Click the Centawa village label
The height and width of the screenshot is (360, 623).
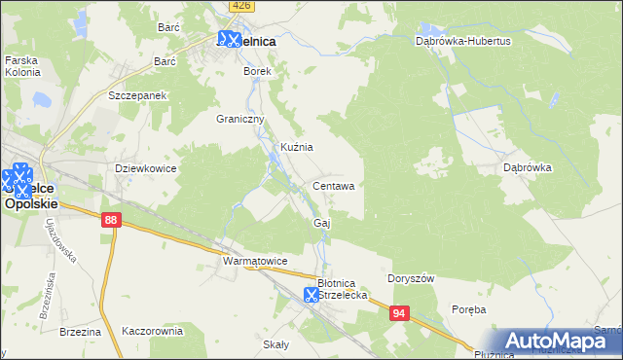[339, 185]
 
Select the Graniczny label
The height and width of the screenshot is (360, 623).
[240, 119]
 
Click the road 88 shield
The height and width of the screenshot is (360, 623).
[109, 222]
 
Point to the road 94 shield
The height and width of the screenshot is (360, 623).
[399, 313]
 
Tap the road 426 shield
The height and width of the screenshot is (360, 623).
[241, 6]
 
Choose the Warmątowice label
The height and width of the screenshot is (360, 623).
[255, 262]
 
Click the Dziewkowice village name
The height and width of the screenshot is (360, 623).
[145, 168]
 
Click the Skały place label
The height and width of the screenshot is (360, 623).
[276, 344]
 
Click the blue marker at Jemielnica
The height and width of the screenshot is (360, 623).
[230, 40]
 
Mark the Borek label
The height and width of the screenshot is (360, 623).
[257, 71]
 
